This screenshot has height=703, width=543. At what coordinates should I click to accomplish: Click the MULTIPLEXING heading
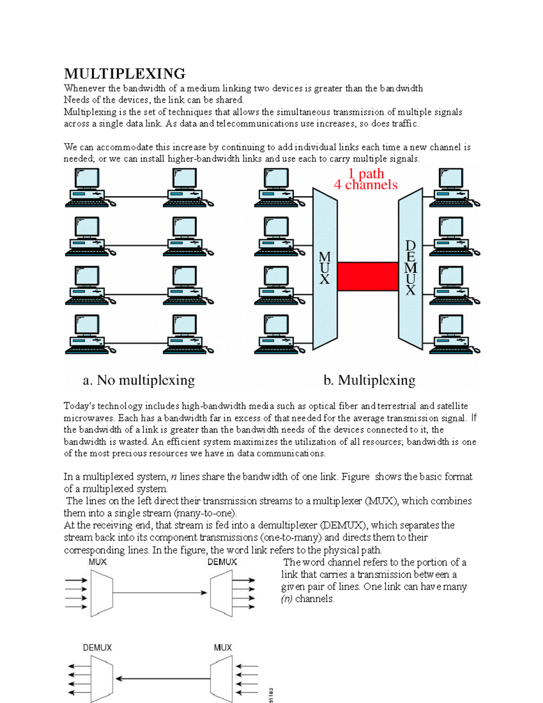(x=124, y=73)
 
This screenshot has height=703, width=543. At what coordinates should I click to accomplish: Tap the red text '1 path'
(x=366, y=173)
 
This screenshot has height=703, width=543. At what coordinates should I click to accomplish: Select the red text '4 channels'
(x=366, y=185)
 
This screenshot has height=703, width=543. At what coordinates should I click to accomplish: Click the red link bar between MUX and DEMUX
(x=367, y=277)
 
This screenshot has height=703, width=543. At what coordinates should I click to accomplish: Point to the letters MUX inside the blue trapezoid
(x=324, y=268)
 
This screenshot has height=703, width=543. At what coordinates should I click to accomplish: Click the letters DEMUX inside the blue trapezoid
(x=410, y=268)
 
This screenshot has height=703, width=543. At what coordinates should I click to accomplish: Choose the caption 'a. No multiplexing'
(x=139, y=380)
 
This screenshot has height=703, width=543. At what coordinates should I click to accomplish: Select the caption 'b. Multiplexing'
(x=369, y=380)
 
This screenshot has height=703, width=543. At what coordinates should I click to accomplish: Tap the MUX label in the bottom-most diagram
(x=223, y=648)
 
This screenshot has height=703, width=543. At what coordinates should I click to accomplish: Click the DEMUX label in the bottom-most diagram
(x=97, y=648)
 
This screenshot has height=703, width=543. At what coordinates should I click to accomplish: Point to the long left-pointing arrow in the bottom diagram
(x=163, y=679)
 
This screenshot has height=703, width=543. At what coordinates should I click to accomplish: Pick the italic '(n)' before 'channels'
(x=287, y=599)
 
